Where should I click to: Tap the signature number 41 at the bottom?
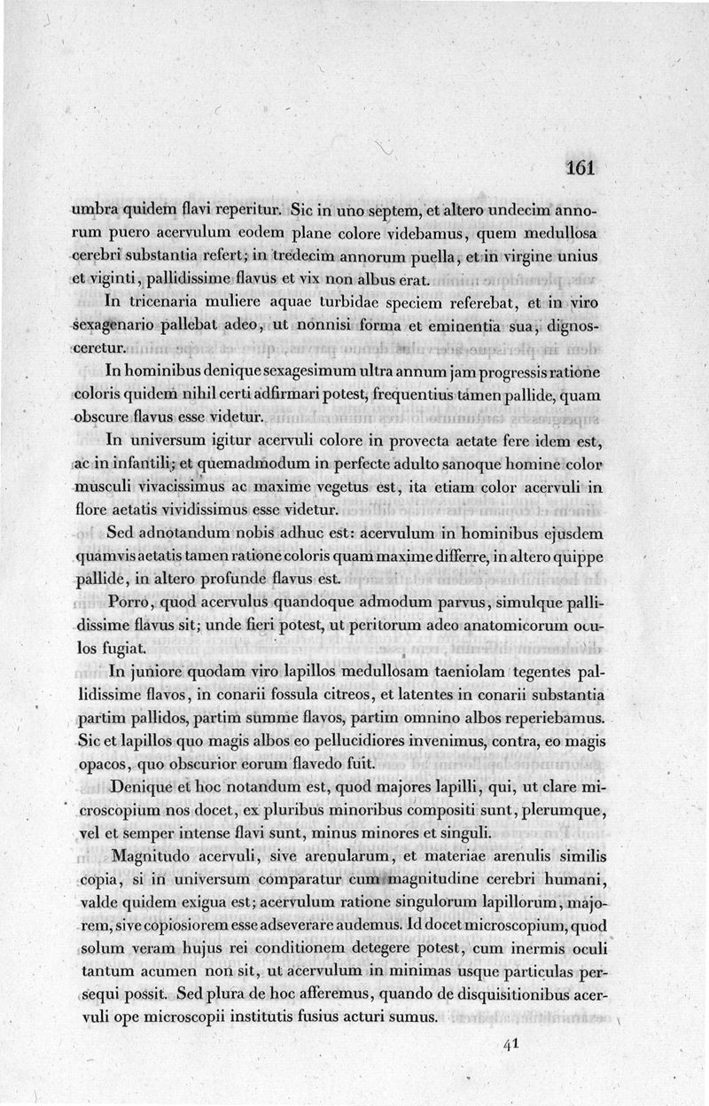tap(509, 1044)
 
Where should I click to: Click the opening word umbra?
tap(95, 213)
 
